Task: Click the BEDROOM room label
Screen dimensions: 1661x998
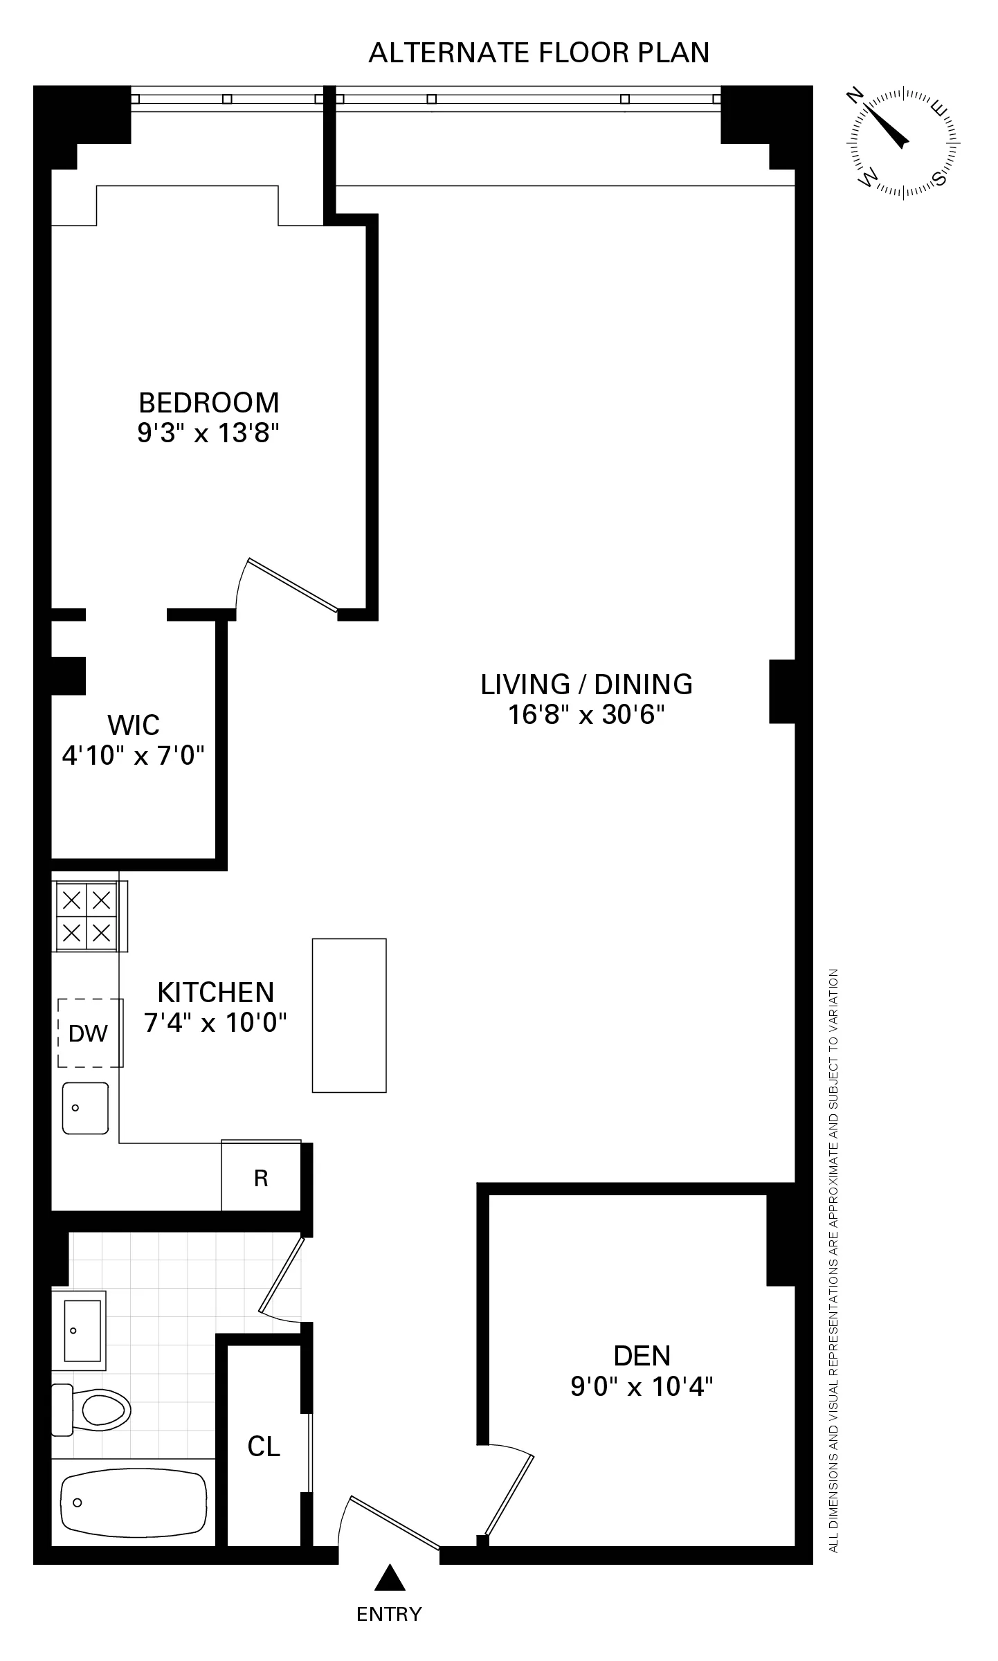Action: point(208,402)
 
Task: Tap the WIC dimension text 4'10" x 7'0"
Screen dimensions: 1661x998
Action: point(134,755)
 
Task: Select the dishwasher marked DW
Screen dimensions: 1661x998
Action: point(89,1033)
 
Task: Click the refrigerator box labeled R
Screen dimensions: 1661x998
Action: point(261,1178)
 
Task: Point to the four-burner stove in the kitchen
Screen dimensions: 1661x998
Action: point(87,918)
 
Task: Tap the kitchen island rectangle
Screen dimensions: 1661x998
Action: point(349,1015)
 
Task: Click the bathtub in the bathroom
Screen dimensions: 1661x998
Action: point(134,1501)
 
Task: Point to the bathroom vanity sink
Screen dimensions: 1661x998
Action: point(80,1330)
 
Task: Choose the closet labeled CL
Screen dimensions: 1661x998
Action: point(264,1446)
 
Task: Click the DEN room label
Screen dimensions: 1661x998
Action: point(642,1355)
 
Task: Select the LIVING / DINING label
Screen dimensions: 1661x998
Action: point(586,684)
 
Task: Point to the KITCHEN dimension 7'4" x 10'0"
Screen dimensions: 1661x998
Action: point(215,1022)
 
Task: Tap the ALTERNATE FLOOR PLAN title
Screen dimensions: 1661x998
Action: point(539,53)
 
